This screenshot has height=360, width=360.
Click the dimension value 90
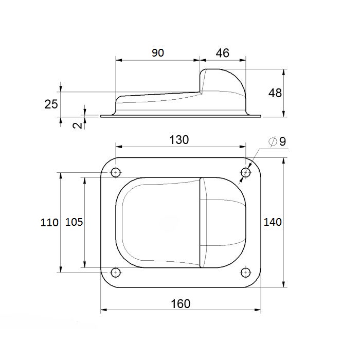pyautogui.click(x=158, y=53)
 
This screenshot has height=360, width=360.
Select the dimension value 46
pyautogui.click(x=223, y=53)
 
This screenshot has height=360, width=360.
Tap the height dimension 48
pyautogui.click(x=275, y=93)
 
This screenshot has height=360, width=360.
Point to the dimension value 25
pyautogui.click(x=51, y=104)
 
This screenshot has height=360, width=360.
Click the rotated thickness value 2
pyautogui.click(x=77, y=125)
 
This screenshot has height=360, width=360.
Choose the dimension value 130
pyautogui.click(x=179, y=140)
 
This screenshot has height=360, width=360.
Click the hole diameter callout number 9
pyautogui.click(x=283, y=141)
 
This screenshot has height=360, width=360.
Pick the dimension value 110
pyautogui.click(x=49, y=223)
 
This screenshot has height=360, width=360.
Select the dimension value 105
pyautogui.click(x=74, y=222)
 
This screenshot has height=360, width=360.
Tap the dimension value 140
pyautogui.click(x=273, y=222)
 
